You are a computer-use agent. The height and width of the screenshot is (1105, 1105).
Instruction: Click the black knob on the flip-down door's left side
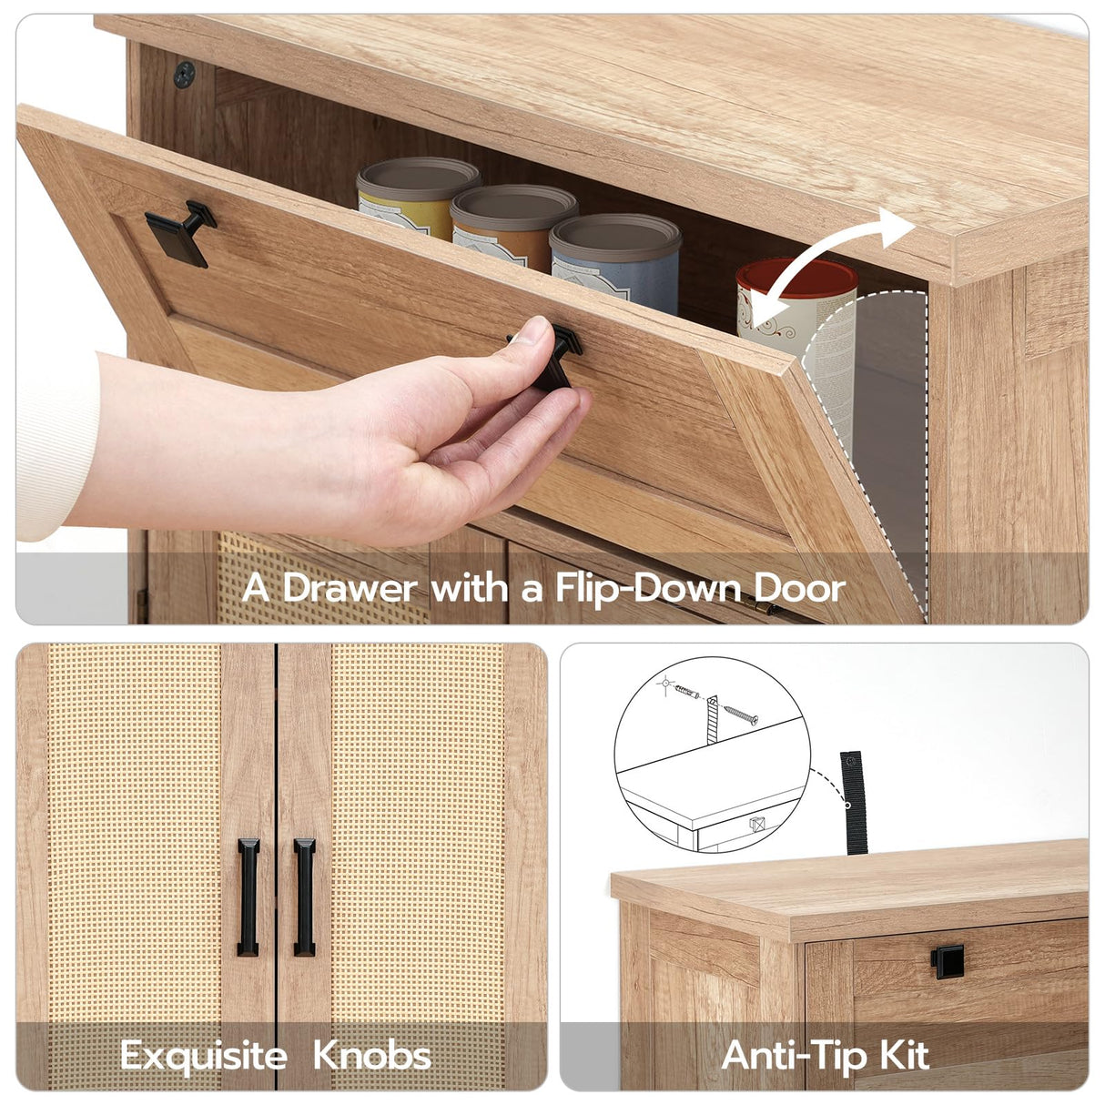(180, 233)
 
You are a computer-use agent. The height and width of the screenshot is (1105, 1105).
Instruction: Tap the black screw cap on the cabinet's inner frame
(184, 76)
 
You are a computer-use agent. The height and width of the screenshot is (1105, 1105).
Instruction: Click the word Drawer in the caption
(350, 588)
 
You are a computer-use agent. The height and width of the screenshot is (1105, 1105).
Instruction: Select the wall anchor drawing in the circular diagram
(687, 693)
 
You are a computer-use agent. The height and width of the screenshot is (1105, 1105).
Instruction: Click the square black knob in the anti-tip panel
(948, 961)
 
